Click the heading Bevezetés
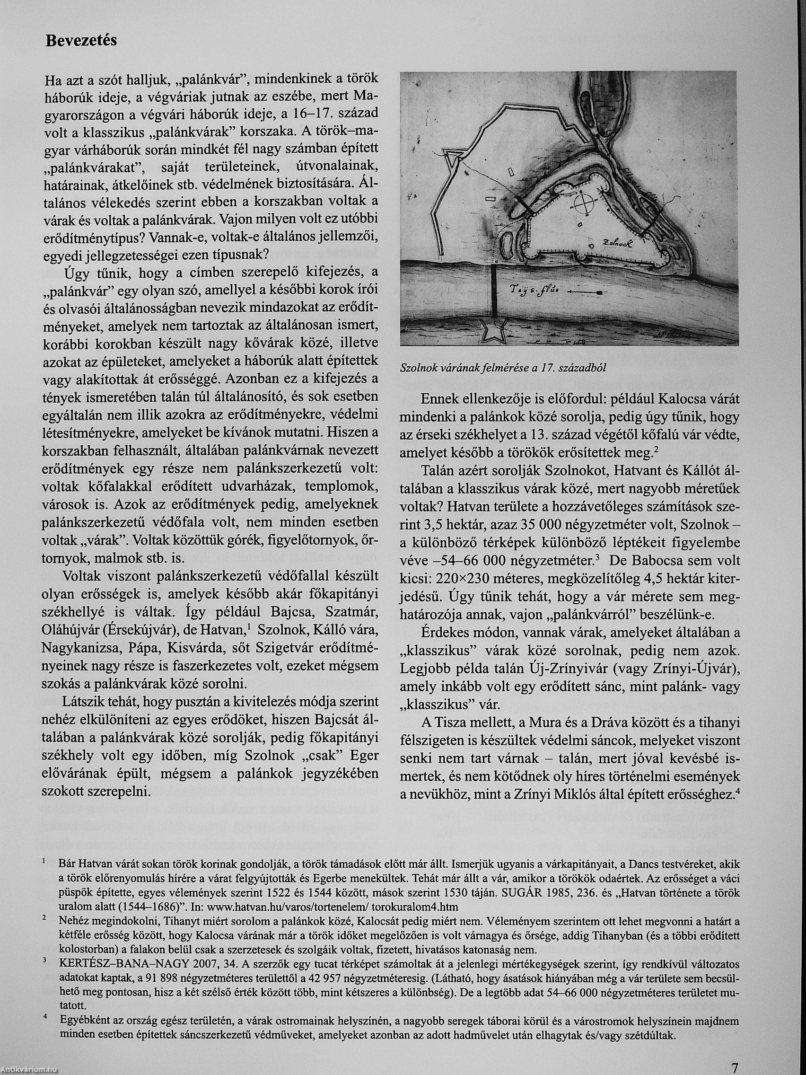click(81, 40)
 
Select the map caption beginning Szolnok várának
click(503, 368)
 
